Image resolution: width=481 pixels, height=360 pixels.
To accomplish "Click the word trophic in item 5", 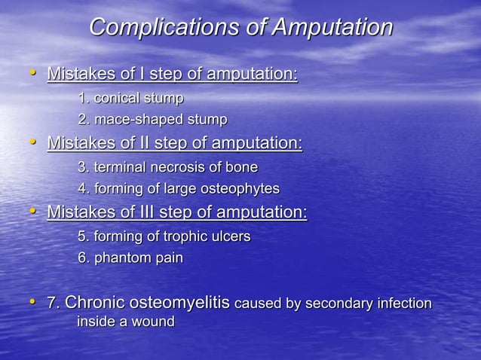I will (173, 236).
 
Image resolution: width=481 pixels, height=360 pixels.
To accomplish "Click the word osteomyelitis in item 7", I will (181, 304).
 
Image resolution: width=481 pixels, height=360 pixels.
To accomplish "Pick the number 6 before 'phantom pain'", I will (81, 258).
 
